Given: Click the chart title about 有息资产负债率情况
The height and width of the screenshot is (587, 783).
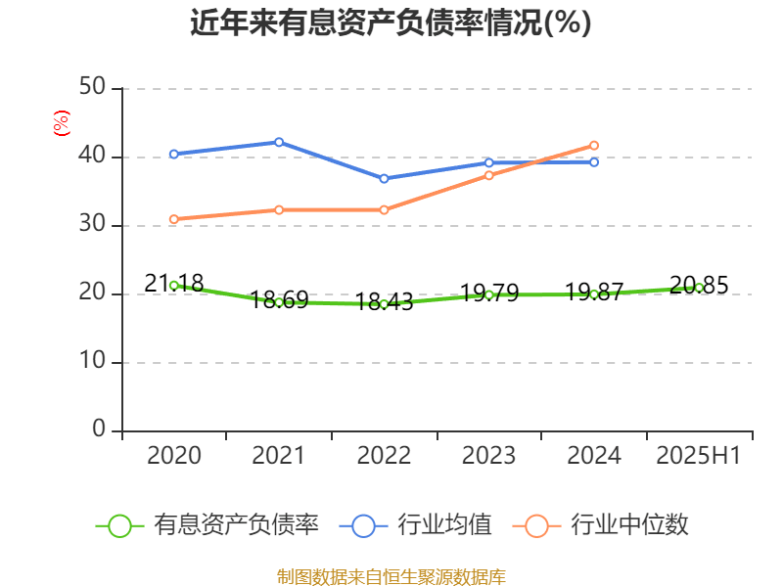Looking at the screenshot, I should pos(391,23).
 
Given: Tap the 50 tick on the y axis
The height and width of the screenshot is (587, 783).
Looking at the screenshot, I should pos(93,89).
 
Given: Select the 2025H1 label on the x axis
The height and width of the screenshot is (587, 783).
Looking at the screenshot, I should pos(699,456).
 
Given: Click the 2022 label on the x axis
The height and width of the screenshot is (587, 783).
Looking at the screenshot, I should pos(384,456).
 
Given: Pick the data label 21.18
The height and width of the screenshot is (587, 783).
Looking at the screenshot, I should pos(174,284).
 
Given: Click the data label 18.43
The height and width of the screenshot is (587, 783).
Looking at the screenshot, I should pos(384,302).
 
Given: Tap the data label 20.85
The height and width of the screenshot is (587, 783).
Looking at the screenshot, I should pos(699,286).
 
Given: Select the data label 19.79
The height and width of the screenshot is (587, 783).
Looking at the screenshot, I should pos(488,293).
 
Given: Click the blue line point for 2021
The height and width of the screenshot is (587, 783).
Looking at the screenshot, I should pos(279,142).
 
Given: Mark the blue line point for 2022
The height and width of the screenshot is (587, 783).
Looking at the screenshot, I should pos(384,178).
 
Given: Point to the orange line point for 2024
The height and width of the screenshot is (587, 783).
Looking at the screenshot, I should pos(594,146).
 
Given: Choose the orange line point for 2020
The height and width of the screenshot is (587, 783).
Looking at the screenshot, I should pos(174,219).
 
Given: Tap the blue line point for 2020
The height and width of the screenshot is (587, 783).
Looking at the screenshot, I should pos(174,154).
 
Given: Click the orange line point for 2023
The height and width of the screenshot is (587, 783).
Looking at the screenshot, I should pos(488,175).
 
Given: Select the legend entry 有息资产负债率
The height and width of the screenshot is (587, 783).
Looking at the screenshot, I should pos(208,525).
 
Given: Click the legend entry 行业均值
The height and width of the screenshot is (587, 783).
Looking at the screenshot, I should pos(416,525).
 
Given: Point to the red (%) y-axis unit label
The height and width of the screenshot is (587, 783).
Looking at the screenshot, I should pos(61,123).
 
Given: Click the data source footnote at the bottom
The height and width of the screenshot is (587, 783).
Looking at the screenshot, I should pos(391,576).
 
